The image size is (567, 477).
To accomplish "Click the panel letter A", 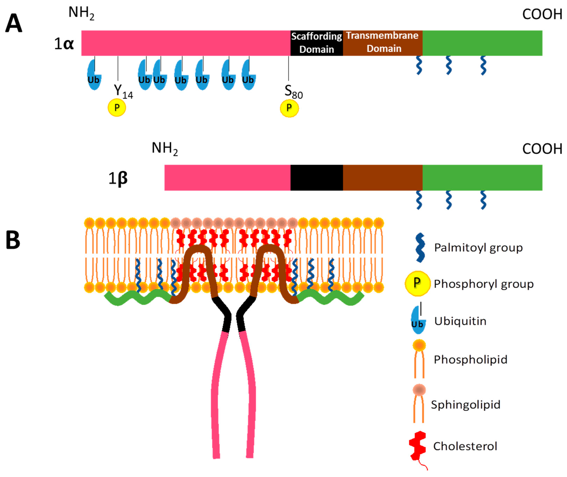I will point(13,24).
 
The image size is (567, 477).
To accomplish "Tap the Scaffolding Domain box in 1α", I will point(316,43).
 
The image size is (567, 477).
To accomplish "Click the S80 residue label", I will point(293,92).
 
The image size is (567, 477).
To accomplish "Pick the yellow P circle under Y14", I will point(117,108).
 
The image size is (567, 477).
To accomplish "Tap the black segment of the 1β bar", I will point(316,178).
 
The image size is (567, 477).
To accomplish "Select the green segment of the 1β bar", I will point(482,178).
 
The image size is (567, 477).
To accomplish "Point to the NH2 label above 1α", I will point(81,13).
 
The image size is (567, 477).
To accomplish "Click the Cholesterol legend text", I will point(465,446).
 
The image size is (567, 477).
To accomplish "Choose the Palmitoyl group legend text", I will point(478,247).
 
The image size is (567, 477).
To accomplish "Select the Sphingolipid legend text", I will point(465,405).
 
